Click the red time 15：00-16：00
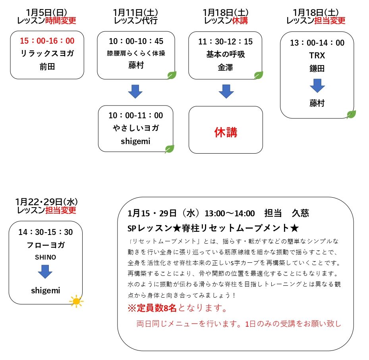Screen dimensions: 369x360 tap(47, 40)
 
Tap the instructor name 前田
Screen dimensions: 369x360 tap(47, 67)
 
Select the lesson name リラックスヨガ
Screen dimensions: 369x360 tap(47, 53)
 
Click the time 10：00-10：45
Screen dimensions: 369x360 tap(136, 41)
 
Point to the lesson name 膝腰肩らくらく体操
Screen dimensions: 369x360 tap(136, 53)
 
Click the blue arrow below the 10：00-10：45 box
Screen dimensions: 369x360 tap(135, 91)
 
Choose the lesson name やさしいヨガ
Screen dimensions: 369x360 tap(136, 128)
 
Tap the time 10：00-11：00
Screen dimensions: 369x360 tap(136, 115)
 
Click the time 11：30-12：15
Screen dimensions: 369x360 tap(226, 42)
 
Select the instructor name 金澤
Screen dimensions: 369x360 tap(226, 67)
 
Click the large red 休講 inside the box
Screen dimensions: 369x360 tap(226, 132)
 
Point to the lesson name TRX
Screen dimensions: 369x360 tap(317, 56)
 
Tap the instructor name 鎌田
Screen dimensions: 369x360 tap(317, 68)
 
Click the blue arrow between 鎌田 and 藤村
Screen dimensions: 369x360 tap(317, 86)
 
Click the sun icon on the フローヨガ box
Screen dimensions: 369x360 tap(76, 301)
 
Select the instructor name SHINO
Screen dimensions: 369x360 tap(46, 257)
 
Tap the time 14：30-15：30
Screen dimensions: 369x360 tap(46, 232)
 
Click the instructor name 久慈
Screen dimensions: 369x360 tap(300, 213)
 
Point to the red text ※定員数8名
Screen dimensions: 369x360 tap(152, 308)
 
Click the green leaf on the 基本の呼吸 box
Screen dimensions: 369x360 tap(259, 75)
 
